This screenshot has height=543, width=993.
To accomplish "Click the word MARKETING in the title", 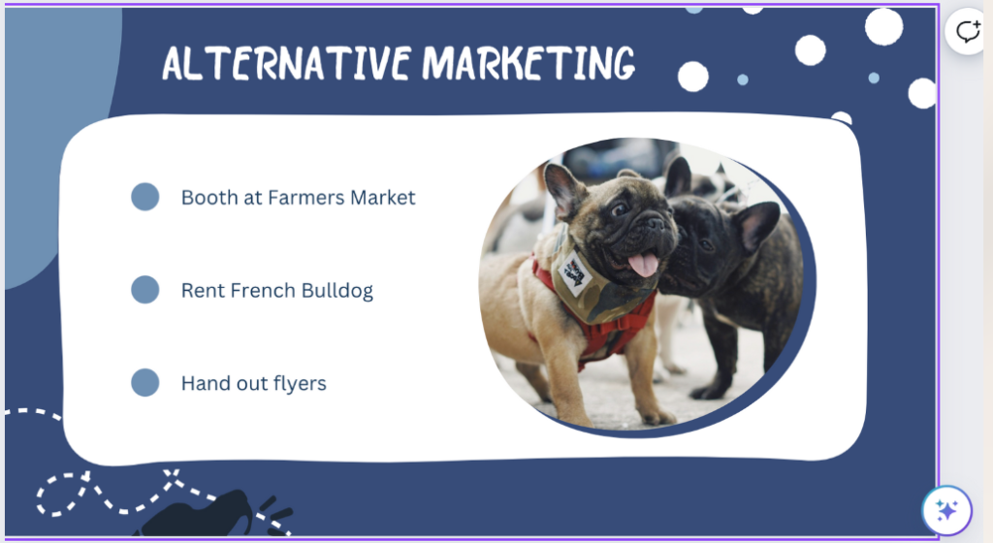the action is pyautogui.click(x=529, y=63).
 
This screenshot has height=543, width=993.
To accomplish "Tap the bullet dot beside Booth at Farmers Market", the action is pyautogui.click(x=145, y=197).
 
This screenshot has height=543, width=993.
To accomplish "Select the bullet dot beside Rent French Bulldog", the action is pyautogui.click(x=145, y=289).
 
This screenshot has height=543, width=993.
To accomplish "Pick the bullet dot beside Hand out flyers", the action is pyautogui.click(x=145, y=382).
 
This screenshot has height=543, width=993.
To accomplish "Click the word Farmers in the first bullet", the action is pyautogui.click(x=305, y=198).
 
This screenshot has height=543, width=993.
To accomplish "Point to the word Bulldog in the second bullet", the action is pyautogui.click(x=336, y=291).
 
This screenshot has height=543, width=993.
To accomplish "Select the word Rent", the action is pyautogui.click(x=203, y=291).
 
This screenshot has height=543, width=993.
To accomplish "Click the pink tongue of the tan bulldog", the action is pyautogui.click(x=644, y=264).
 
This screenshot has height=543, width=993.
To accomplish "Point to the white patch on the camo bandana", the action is pyautogui.click(x=576, y=272).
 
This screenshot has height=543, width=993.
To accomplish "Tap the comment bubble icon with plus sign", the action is pyautogui.click(x=968, y=30).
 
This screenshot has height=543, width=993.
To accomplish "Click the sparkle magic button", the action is pyautogui.click(x=946, y=510).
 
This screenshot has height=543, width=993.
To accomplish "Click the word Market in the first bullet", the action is pyautogui.click(x=382, y=198).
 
